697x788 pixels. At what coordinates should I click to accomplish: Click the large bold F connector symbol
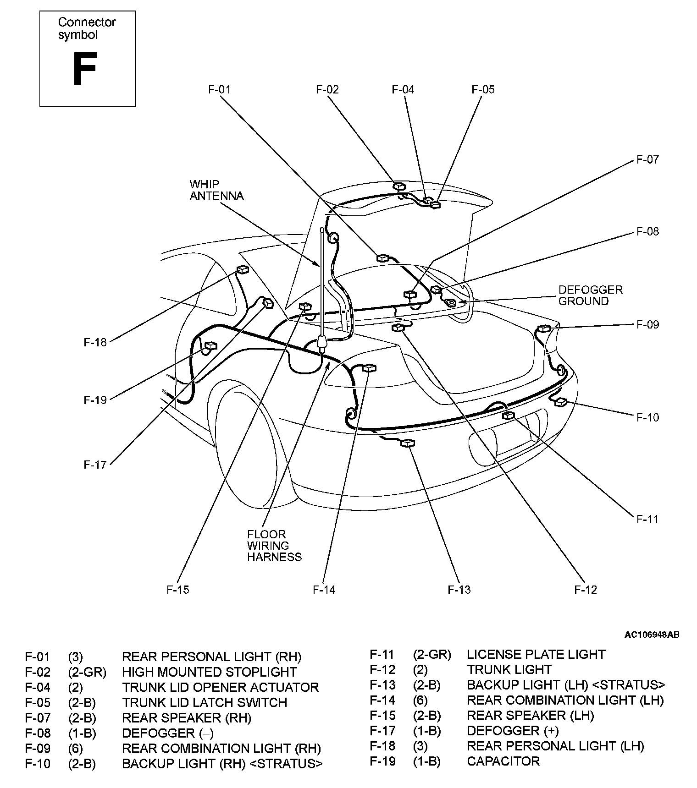tap(85, 69)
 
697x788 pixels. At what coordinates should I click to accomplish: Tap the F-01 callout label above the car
tap(219, 89)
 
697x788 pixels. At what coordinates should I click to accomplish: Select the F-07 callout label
tap(647, 159)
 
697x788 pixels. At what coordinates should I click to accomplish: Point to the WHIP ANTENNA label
tap(216, 190)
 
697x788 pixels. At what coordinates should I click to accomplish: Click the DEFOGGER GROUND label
tap(591, 295)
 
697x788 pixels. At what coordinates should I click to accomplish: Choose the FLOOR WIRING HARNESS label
tap(274, 546)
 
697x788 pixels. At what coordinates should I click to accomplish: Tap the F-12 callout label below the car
tap(586, 590)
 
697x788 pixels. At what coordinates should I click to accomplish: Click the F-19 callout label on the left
tap(95, 400)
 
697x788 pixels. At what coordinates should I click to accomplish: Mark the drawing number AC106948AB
tap(652, 635)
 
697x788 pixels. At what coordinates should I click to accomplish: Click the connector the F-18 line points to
tap(242, 270)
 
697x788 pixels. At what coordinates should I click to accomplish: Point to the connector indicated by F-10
tap(560, 402)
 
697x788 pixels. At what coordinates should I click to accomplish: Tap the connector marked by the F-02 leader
tap(399, 186)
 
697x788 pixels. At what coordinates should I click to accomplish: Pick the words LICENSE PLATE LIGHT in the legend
tap(536, 654)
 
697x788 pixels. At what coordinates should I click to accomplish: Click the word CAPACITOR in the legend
tap(503, 761)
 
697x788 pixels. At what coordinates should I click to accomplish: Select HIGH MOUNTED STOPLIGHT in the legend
tap(209, 672)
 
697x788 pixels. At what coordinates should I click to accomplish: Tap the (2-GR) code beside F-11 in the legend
tap(432, 654)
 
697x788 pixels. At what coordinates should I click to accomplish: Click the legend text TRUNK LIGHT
tap(509, 669)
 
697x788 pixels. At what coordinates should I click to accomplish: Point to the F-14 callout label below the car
tap(324, 590)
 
